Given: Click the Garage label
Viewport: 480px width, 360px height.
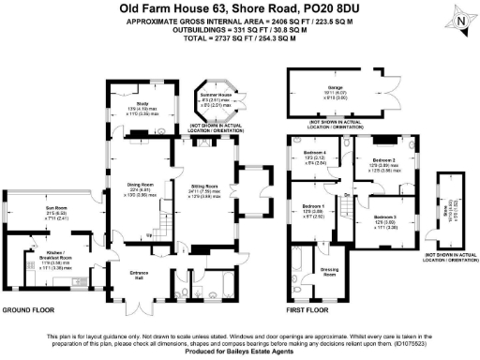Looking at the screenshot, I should click(x=336, y=87).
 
